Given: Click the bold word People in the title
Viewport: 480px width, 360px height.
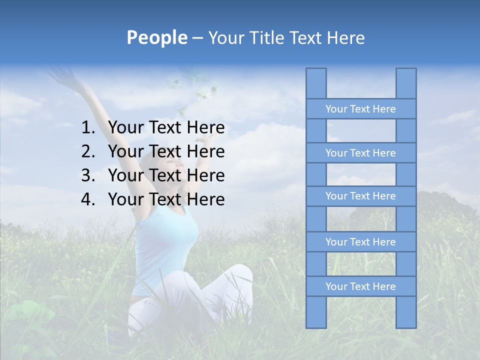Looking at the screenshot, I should (x=156, y=37).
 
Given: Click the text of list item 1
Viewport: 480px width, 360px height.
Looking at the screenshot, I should (x=166, y=128).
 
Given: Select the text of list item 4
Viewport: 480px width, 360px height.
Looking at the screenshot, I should (x=166, y=199).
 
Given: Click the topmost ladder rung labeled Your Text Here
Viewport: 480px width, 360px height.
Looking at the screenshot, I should (x=360, y=109).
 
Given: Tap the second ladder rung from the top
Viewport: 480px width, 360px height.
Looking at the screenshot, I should (x=360, y=153).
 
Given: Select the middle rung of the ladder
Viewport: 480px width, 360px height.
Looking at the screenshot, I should (x=360, y=196).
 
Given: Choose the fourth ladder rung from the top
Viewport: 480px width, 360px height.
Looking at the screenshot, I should (x=360, y=242).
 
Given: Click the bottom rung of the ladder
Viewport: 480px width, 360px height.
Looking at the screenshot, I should (x=360, y=286).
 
